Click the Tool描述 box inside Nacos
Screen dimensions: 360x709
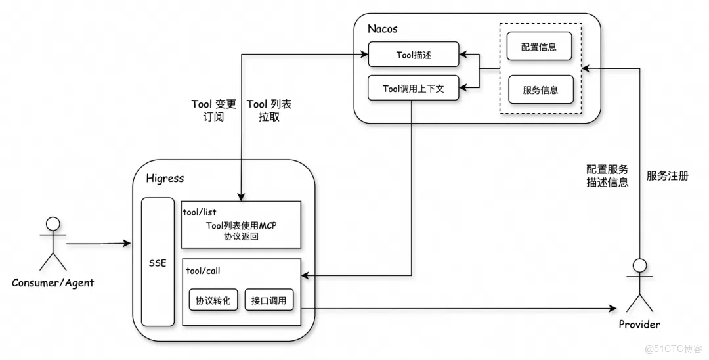tap(413, 55)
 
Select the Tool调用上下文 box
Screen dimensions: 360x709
tap(413, 89)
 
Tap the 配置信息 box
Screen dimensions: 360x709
tap(540, 48)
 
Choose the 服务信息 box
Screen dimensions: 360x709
tap(540, 90)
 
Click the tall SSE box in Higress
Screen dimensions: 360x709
tap(158, 262)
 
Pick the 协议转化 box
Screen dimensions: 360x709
tap(213, 301)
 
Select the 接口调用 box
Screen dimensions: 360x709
tap(269, 301)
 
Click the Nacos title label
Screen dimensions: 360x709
tap(383, 29)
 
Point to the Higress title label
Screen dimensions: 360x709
tap(165, 178)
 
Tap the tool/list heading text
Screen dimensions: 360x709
tap(200, 212)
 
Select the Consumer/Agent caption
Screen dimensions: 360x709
tap(53, 283)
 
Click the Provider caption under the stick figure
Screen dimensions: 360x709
tap(639, 325)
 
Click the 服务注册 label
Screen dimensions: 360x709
tap(667, 175)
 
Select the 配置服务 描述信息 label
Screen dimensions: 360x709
tap(607, 175)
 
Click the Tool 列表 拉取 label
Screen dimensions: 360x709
tap(269, 110)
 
